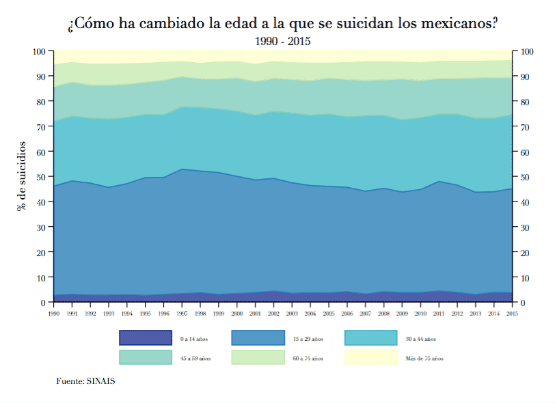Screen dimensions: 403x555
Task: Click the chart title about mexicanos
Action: (x=282, y=24)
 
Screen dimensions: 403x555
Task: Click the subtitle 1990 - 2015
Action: (x=282, y=42)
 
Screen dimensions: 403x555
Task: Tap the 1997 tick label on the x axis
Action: (x=182, y=314)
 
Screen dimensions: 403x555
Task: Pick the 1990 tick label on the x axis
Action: (x=54, y=314)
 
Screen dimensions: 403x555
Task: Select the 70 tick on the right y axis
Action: (x=526, y=127)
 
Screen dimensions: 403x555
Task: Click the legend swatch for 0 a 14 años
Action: (x=145, y=338)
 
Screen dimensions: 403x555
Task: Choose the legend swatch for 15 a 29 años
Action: (x=258, y=338)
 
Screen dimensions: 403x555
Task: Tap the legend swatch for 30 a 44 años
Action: (x=370, y=338)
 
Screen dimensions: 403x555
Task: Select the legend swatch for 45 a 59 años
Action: (x=145, y=357)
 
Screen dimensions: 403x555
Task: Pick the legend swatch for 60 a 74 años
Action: (x=258, y=357)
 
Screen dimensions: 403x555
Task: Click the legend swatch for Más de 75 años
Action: (x=370, y=357)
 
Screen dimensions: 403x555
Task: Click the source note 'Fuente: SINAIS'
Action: (x=85, y=380)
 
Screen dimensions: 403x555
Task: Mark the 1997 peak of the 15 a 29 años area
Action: (x=182, y=169)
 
